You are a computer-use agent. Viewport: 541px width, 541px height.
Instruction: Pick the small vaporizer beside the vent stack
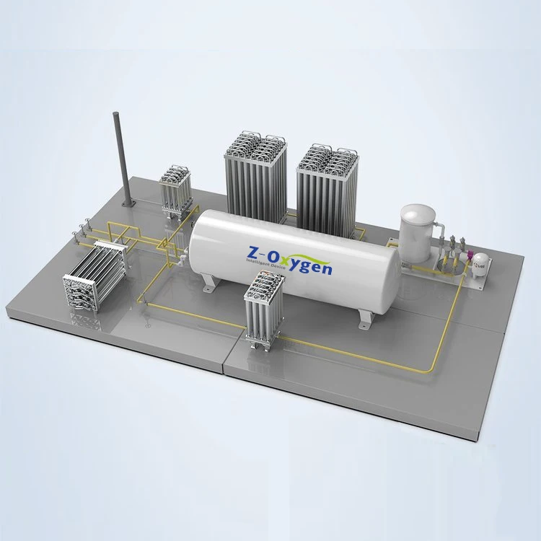point(175,189)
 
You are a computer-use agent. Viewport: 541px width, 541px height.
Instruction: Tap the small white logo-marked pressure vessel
point(480,266)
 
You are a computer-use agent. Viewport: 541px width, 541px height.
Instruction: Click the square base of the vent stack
point(128,204)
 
